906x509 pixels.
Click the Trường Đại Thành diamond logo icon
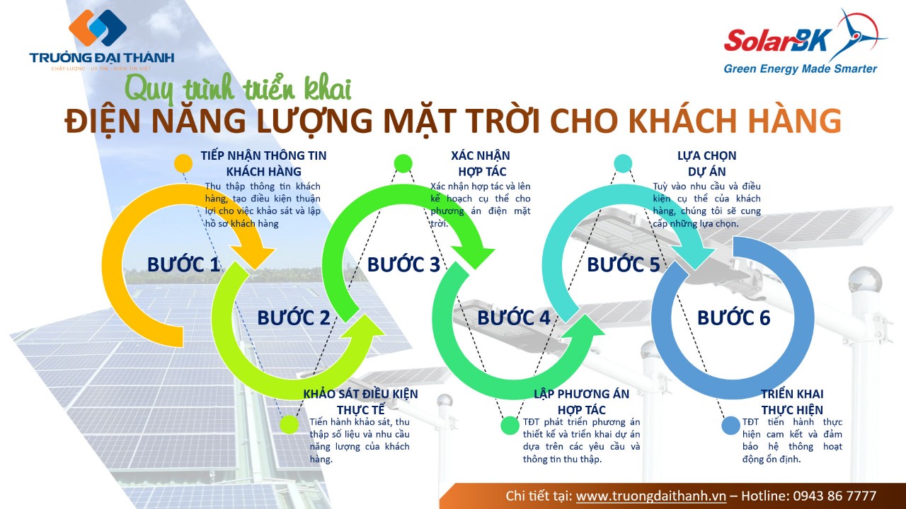tap(98, 28)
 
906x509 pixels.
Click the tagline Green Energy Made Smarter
tap(801, 69)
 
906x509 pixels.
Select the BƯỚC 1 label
tap(183, 264)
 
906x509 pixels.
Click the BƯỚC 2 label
tap(294, 318)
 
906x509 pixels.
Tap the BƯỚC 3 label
tap(403, 264)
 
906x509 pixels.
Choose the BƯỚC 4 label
tap(514, 318)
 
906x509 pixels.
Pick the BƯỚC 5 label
tap(624, 264)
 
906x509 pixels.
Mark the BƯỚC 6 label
tap(734, 318)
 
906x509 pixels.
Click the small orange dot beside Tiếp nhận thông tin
tap(183, 163)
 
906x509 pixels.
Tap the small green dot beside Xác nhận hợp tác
tap(403, 163)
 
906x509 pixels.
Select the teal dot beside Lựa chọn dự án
tap(623, 163)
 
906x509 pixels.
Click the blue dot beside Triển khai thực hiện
tap(731, 426)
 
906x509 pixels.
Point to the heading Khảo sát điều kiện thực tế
tap(361, 402)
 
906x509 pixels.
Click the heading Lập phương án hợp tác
tap(582, 402)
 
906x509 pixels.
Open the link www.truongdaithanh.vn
tap(651, 496)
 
